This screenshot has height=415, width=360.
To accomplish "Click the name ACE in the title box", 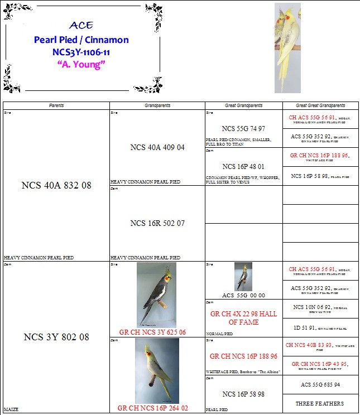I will tap(81, 26).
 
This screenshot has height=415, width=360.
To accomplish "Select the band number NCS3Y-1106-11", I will tap(81, 52).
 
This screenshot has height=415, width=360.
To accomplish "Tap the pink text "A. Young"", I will tap(81, 64).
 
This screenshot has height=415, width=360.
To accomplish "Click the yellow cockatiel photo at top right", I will tap(287, 48).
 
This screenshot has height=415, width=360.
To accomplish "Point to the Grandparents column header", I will tap(157, 105).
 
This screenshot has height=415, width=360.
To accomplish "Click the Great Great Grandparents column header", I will tap(320, 105).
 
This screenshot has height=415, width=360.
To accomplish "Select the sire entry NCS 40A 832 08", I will tap(56, 185).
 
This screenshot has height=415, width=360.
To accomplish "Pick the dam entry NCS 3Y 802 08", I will tap(56, 337).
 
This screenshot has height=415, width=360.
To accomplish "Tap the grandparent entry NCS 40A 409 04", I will tap(157, 148).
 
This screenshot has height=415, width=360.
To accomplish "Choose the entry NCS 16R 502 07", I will tap(157, 223).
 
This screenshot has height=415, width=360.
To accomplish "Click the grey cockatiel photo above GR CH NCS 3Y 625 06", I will tap(157, 295).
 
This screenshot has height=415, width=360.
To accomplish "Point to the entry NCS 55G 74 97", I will tap(243, 128).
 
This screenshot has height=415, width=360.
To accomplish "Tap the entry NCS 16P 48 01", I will tap(243, 166).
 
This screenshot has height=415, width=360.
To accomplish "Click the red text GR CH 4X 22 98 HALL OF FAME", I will tap(243, 318).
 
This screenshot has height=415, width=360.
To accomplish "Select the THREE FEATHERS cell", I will tap(320, 403).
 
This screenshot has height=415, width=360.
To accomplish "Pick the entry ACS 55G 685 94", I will tap(320, 385).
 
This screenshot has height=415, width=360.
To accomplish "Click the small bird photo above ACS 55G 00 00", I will tap(243, 276).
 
